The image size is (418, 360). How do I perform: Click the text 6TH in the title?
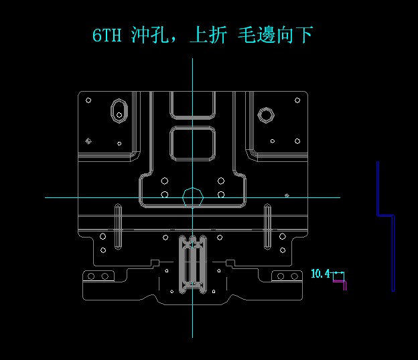pyautogui.click(x=107, y=35)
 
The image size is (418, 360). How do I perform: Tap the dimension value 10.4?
pyautogui.click(x=320, y=274)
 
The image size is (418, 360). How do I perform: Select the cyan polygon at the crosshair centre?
pyautogui.click(x=193, y=197)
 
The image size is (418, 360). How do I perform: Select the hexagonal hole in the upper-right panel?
pyautogui.click(x=266, y=115)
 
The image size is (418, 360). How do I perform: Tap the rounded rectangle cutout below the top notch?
pyautogui.click(x=193, y=144)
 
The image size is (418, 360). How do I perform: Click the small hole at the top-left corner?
pyautogui.click(x=88, y=100)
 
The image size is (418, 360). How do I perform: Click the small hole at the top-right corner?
pyautogui.click(x=297, y=100)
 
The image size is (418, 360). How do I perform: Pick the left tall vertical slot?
pyautogui.click(x=118, y=227)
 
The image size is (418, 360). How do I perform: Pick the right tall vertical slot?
pyautogui.click(x=267, y=227)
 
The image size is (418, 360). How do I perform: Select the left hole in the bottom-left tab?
pyautogui.click(x=94, y=276)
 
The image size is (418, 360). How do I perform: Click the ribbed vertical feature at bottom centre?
pyautogui.click(x=193, y=264)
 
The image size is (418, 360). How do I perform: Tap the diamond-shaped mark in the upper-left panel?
pyautogui.click(x=88, y=141)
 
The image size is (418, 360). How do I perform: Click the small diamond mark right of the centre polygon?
pyautogui.click(x=287, y=195)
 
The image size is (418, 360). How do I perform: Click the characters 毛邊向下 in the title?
pyautogui.click(x=275, y=35)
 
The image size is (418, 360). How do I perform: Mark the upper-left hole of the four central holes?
pyautogui.click(x=165, y=181)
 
